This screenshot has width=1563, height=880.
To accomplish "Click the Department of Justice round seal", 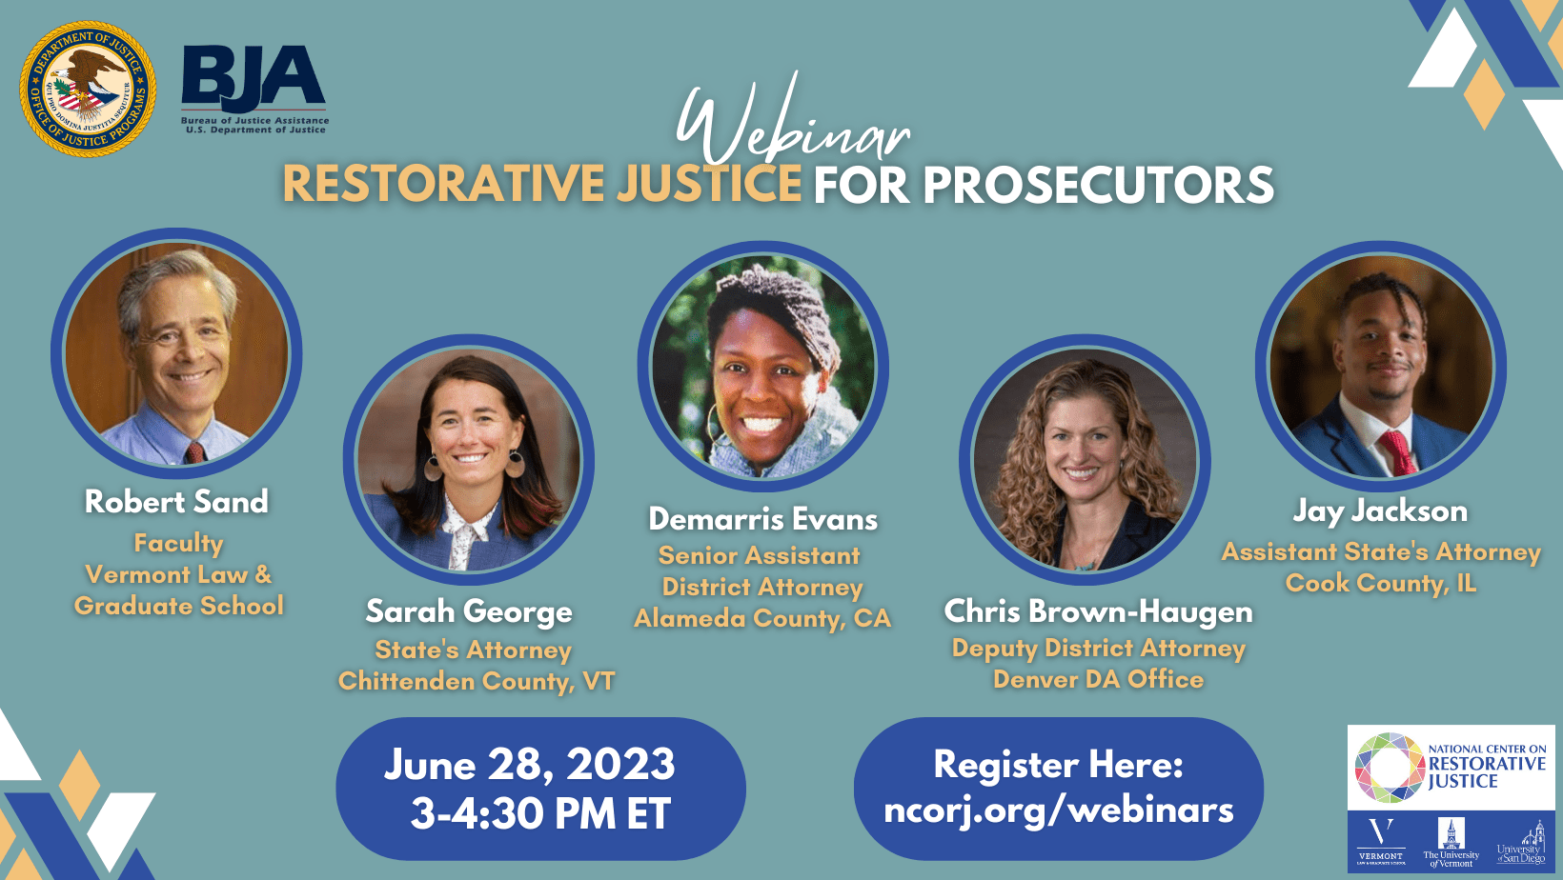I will click(88, 89).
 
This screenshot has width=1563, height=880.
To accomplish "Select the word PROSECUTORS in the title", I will click(1098, 185).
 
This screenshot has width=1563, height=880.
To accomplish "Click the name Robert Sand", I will click(176, 502).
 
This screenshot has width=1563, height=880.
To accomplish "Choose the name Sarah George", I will click(469, 611).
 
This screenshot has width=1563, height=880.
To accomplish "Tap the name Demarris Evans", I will click(762, 519).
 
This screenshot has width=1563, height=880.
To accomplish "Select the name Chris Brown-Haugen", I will click(1098, 611).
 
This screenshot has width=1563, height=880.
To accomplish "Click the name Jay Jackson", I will click(1380, 511).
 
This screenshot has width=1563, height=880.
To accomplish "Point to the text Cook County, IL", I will click(1380, 583).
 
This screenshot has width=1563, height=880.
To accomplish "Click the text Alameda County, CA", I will click(762, 619).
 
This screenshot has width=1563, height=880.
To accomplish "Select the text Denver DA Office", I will click(1098, 679).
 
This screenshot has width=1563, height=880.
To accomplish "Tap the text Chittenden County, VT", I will click(476, 681).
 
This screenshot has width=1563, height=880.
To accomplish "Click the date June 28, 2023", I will click(530, 765).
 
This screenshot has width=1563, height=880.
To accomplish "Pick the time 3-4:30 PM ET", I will click(540, 814).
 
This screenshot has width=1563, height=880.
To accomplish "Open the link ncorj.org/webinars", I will click(1058, 810).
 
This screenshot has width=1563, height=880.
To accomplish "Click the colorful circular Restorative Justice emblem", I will click(1389, 767).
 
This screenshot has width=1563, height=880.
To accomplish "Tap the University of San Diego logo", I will click(1522, 842).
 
